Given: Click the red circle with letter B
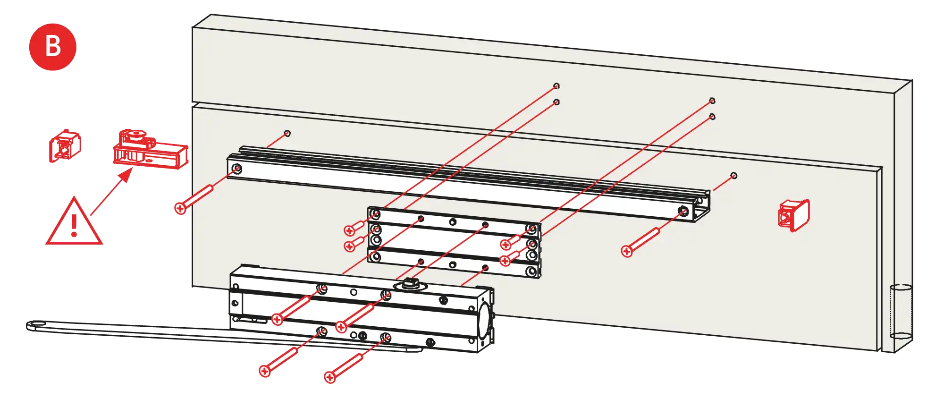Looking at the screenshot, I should point(52,47).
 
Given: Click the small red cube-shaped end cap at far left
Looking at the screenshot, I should point(65,147).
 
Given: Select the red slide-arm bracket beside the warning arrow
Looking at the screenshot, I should point(150,151).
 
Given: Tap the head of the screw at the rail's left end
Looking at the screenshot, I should point(180,208).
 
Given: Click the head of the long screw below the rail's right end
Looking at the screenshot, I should point(627,251).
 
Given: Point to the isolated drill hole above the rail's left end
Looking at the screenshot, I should point(287,133).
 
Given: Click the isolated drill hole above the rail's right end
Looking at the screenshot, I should point(733,176).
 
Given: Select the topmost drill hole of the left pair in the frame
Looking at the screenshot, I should point(556,86).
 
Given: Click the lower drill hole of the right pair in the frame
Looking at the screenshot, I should point(712,117).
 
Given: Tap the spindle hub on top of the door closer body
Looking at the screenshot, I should point(409,284).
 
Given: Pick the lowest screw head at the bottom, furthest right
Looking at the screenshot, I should point(330,377).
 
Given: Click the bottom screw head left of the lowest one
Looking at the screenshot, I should point(265,371).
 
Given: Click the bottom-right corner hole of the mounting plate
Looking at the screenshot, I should point(532,272).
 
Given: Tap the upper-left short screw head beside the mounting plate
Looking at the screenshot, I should point(349,230).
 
